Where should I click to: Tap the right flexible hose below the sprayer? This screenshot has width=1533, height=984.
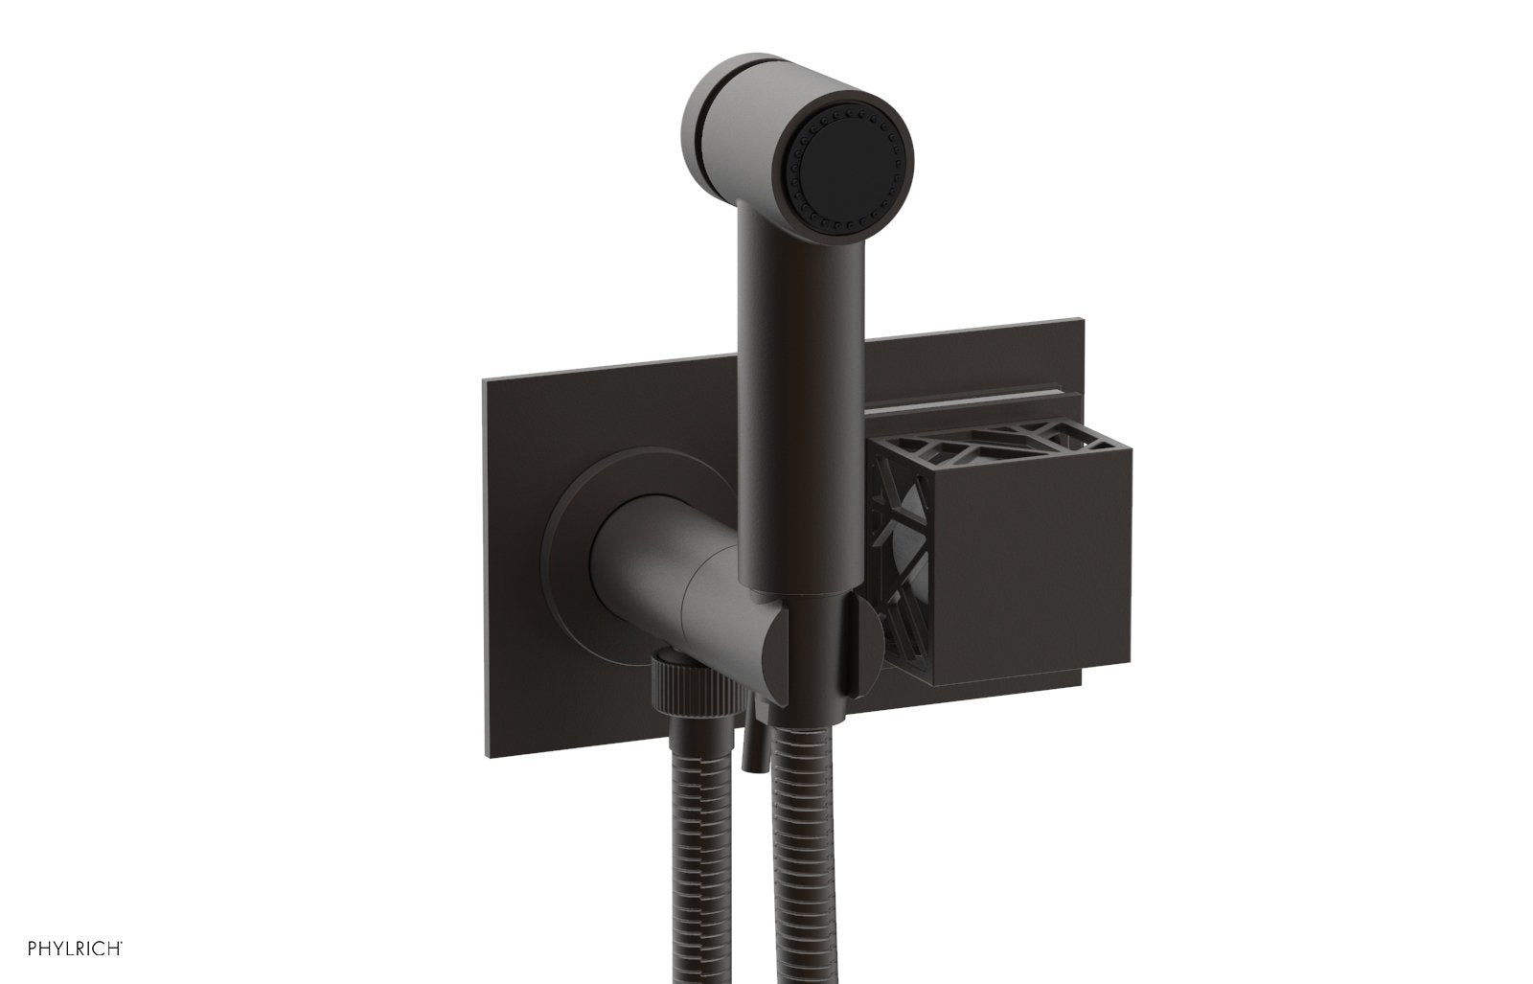tap(818, 862)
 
